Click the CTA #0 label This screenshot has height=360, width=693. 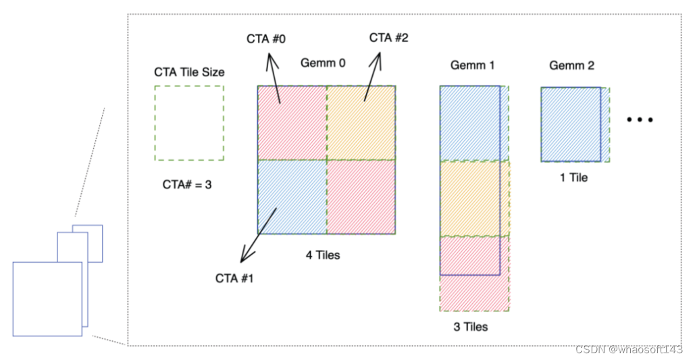click(265, 40)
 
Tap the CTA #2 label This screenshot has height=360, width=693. click(388, 38)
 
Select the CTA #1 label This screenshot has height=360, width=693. click(234, 278)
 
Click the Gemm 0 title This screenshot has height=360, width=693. click(323, 63)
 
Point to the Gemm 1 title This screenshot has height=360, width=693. click(473, 66)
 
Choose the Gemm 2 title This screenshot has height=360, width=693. click(571, 66)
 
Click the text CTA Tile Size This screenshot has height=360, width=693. click(189, 72)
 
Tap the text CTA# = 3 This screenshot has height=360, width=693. click(187, 184)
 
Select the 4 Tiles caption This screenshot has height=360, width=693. click(323, 255)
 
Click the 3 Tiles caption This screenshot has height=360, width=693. click(471, 327)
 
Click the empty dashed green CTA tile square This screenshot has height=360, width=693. click(189, 123)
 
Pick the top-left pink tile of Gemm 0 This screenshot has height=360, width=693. click(292, 123)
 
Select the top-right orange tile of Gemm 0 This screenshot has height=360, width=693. click(361, 123)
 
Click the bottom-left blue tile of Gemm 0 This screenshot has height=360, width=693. click(292, 197)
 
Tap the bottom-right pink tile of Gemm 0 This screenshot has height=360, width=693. click(361, 197)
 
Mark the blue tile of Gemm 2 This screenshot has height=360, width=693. click(570, 124)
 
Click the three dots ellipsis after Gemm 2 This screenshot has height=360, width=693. click(639, 120)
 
